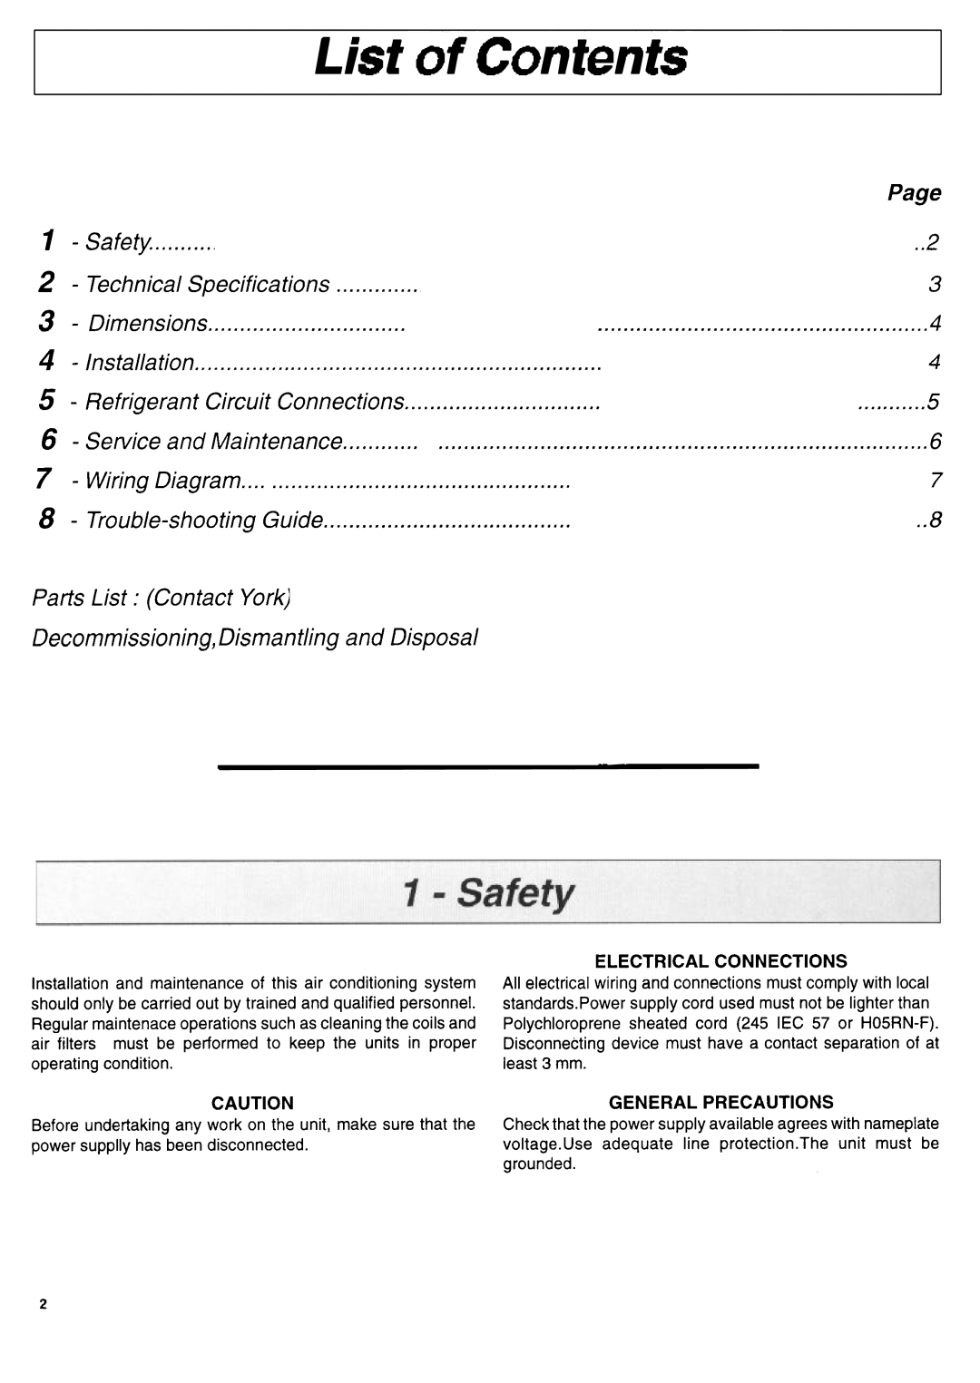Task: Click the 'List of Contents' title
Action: pos(501,58)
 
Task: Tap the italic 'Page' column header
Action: pos(914,193)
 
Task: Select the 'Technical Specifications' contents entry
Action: pos(208,284)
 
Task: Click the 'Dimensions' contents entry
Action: pos(148,324)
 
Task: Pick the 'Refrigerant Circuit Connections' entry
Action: pos(244,402)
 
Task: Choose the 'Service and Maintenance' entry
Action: pos(213,442)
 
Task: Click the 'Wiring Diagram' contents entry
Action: pos(163,481)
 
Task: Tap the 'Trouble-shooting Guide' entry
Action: pos(204,521)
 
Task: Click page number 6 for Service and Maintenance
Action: pos(935,442)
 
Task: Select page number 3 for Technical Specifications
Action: pos(935,285)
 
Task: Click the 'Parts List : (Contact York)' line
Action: pos(161,598)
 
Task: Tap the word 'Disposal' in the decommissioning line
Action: pos(434,638)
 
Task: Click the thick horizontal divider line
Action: pos(487,767)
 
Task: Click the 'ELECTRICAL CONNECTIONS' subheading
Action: pos(720,960)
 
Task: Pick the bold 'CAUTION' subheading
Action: pos(253,1103)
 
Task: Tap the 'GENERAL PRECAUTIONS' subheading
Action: pos(720,1102)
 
